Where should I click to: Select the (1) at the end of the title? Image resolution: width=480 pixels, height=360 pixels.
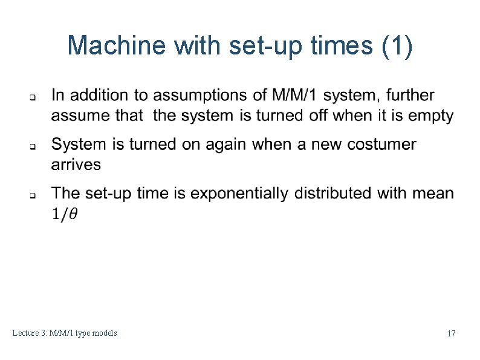tap(398, 45)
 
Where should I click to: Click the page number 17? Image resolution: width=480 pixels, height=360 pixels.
tap(451, 333)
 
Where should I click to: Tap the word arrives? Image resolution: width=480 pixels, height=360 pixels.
tap(76, 164)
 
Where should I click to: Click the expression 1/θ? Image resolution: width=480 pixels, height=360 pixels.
tap(64, 214)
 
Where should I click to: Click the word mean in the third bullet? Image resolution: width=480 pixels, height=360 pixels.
tap(433, 193)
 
